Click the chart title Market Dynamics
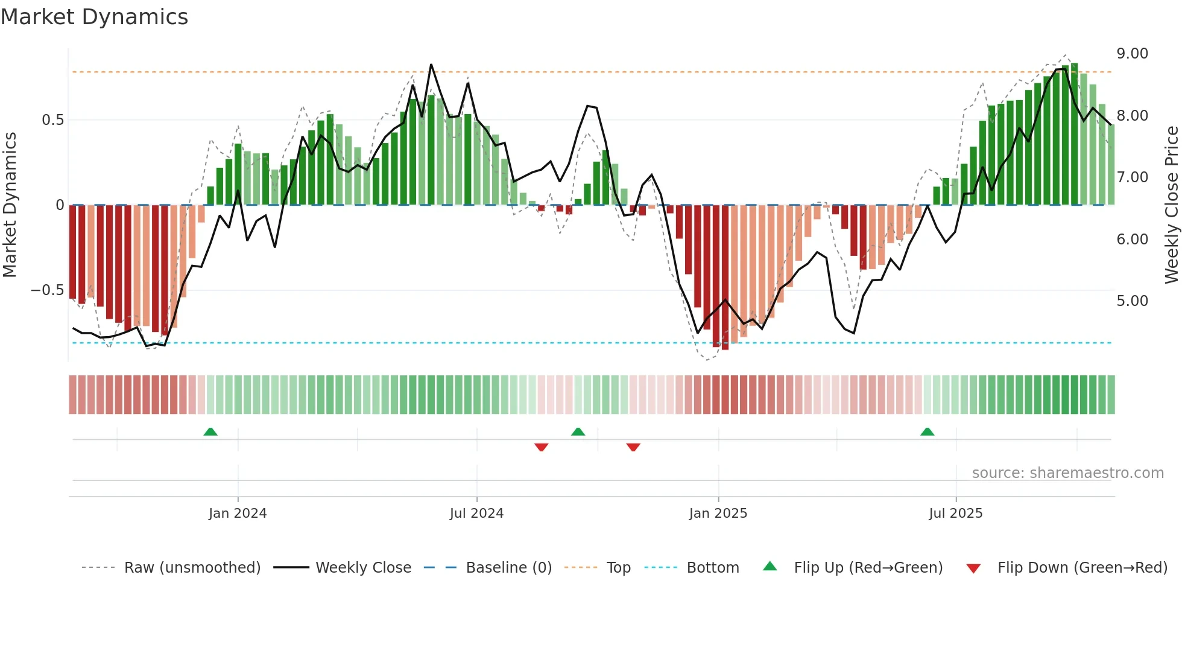pos(95,17)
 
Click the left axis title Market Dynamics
pos(10,205)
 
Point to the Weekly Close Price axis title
pos(1171,205)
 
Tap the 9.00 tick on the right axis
pos(1132,54)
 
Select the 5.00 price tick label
pos(1132,301)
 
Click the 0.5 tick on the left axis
pos(53,120)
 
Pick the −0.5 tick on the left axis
pos(48,290)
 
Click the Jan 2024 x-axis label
pos(238,514)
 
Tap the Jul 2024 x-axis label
pos(476,514)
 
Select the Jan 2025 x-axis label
pos(718,514)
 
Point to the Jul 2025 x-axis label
pos(956,514)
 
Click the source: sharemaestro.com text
pos(1067,473)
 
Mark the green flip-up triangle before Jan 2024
pos(210,431)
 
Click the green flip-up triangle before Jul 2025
pos(928,431)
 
